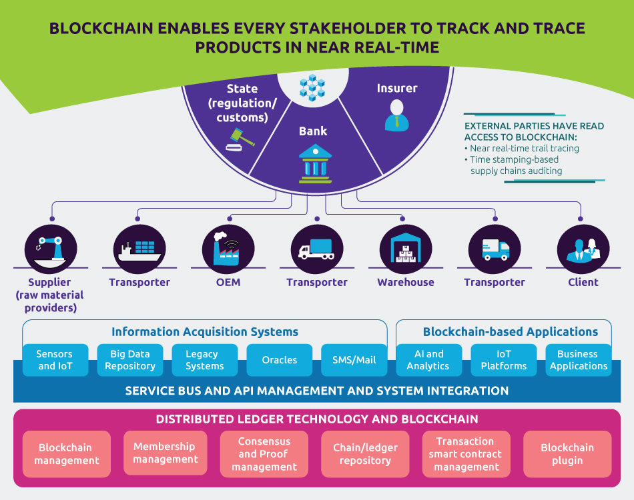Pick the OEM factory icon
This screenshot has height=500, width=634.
coord(228,247)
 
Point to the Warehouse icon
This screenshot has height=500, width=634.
coord(405,247)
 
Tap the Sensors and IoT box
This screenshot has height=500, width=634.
coord(55,360)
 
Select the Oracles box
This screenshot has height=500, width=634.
coord(280,360)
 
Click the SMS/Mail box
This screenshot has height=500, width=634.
coord(354,360)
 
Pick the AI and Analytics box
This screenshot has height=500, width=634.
coord(428,360)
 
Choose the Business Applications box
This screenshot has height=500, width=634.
coord(578,360)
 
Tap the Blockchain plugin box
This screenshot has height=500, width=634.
coord(567,454)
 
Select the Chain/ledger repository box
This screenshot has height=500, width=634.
coord(365,454)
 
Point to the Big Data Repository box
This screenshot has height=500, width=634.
coord(130,360)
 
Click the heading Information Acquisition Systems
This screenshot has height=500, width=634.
coord(205,331)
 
